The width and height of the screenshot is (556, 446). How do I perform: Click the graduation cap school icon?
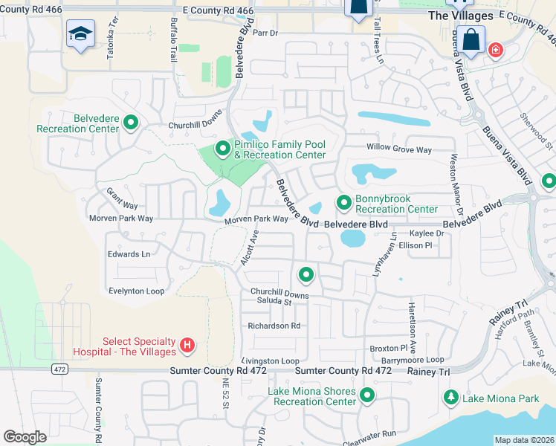click(x=80, y=34)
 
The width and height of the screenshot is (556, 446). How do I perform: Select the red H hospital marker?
click(x=187, y=346)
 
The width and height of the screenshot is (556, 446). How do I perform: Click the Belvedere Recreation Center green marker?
click(x=131, y=123)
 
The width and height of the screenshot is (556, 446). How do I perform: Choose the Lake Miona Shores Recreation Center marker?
click(x=366, y=395)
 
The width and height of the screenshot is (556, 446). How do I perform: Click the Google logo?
click(x=25, y=437)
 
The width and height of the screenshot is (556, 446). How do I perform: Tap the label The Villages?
click(x=460, y=16)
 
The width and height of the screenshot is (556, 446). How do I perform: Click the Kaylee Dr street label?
click(x=427, y=233)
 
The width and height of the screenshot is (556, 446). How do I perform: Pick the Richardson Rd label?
click(x=274, y=326)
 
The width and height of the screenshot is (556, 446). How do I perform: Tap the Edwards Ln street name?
click(x=129, y=254)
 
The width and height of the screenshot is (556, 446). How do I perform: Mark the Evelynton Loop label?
click(x=136, y=291)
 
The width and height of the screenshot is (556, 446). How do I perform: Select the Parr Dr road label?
click(x=265, y=33)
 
